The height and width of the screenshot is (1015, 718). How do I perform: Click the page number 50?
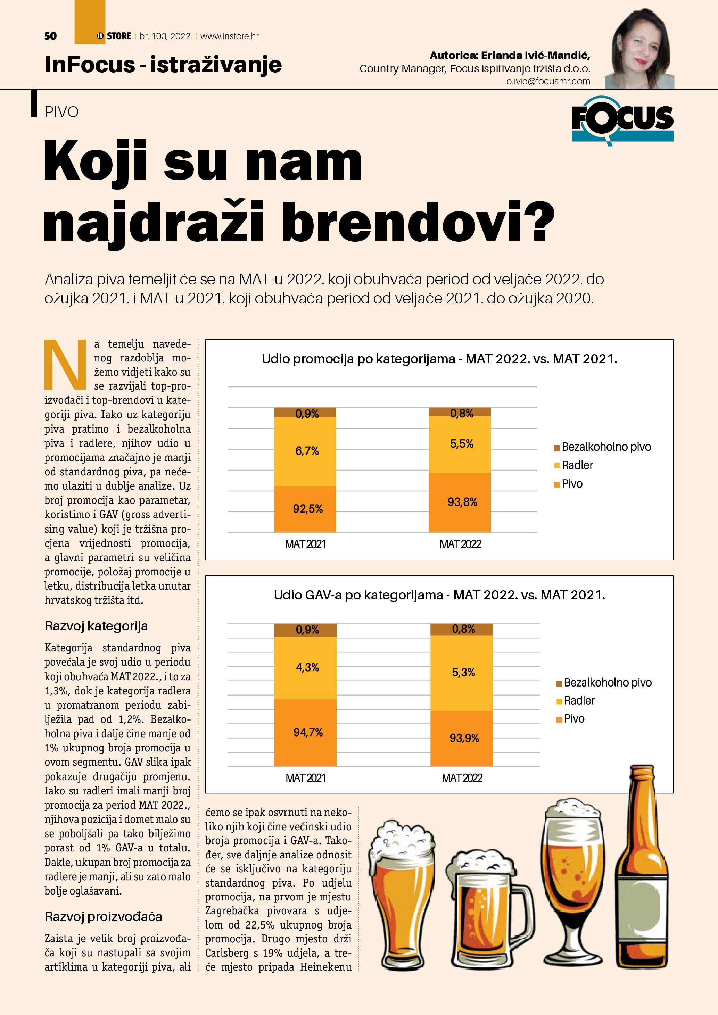tap(50, 36)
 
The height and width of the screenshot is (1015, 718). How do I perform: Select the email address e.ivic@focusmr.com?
tap(548, 81)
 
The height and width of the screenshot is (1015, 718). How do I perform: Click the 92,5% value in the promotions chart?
tap(308, 509)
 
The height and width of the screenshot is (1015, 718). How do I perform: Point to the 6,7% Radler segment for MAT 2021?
tap(307, 451)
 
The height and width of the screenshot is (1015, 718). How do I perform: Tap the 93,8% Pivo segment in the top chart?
tap(462, 502)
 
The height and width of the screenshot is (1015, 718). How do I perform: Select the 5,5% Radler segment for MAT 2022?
tap(462, 444)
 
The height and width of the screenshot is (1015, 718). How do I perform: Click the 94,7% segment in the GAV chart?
tap(308, 732)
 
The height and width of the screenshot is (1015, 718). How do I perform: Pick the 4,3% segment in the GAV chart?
tap(307, 667)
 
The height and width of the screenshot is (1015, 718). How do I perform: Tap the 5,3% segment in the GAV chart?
tap(463, 672)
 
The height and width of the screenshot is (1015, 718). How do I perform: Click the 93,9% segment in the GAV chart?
tap(464, 738)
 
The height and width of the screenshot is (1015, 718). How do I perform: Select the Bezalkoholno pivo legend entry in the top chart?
tap(606, 447)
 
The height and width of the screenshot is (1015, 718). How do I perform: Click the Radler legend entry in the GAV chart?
tap(579, 701)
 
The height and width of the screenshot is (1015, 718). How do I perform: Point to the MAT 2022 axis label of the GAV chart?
tap(462, 778)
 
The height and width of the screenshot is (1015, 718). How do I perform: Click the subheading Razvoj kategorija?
tap(96, 626)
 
